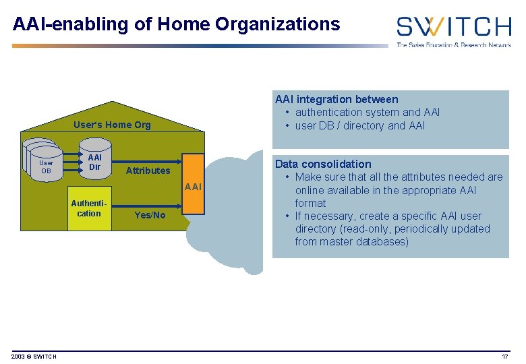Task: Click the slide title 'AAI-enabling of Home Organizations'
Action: (x=177, y=24)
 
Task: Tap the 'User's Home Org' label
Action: (x=112, y=124)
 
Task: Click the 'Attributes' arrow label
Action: (x=148, y=171)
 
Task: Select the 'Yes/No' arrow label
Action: (x=150, y=215)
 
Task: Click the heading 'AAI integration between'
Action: (x=336, y=99)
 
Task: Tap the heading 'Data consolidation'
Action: (x=322, y=164)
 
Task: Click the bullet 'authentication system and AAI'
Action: (x=367, y=112)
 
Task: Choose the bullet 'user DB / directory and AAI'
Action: (x=359, y=125)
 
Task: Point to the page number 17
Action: (x=504, y=357)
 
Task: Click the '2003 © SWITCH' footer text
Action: (x=34, y=357)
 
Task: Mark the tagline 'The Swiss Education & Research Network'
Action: (x=453, y=44)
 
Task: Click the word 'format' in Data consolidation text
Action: (x=310, y=203)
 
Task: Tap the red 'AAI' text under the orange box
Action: (x=193, y=187)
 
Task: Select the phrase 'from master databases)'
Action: (x=351, y=241)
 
